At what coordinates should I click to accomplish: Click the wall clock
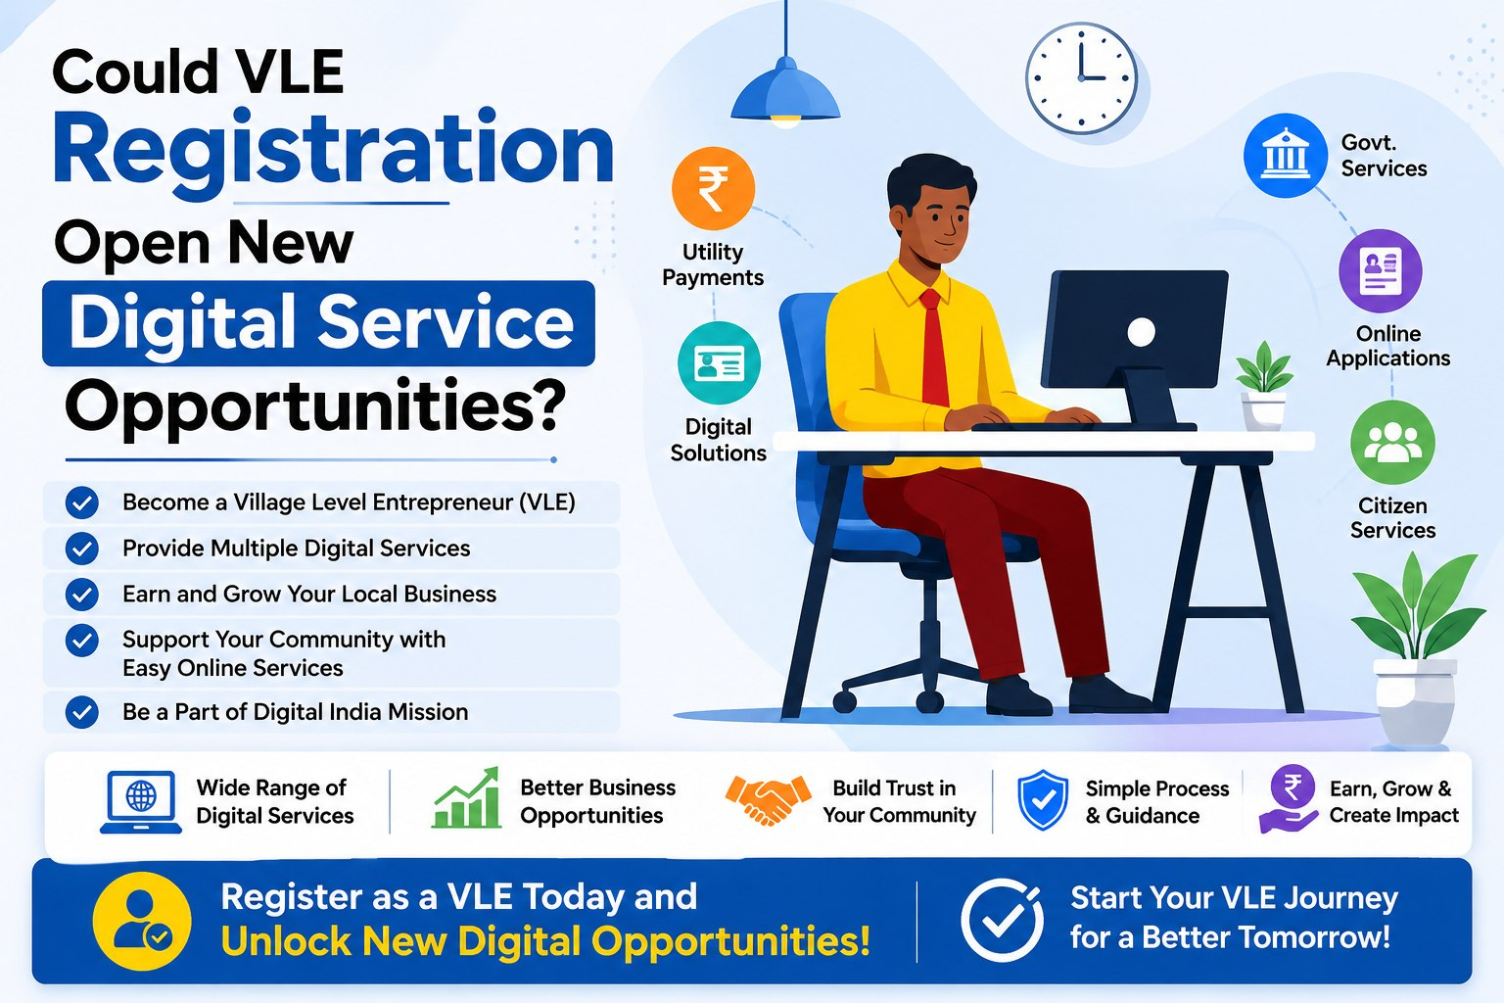click(x=1081, y=78)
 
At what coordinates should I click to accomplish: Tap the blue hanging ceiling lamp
click(x=785, y=94)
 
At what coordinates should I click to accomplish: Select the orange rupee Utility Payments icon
click(x=713, y=188)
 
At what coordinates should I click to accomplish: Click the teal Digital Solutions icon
click(x=719, y=362)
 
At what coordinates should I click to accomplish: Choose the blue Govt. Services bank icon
click(x=1285, y=155)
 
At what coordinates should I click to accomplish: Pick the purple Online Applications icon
click(x=1381, y=270)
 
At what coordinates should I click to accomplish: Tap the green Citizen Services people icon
click(x=1392, y=442)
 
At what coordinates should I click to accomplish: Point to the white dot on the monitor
click(x=1141, y=331)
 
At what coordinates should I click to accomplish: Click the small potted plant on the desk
click(x=1264, y=386)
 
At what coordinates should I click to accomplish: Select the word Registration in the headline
click(x=333, y=152)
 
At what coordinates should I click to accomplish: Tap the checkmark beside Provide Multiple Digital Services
click(x=82, y=549)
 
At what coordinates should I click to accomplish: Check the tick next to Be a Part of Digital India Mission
click(x=82, y=712)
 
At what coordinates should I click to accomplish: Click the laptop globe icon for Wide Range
click(x=141, y=802)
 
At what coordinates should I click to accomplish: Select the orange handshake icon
click(x=768, y=799)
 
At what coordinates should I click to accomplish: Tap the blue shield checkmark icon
click(x=1043, y=800)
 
